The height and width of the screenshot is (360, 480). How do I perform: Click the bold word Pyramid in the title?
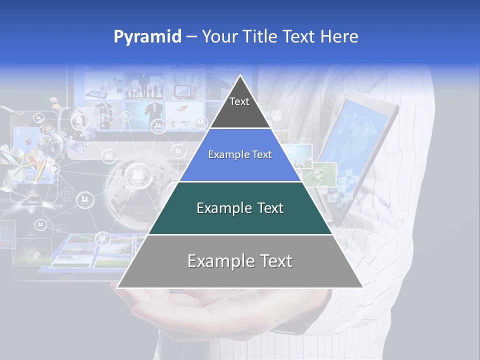[x=147, y=37]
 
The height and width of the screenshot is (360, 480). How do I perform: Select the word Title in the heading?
[x=261, y=37]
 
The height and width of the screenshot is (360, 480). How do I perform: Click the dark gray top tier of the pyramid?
[x=240, y=107]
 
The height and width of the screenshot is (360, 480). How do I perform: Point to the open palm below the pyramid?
[x=210, y=315]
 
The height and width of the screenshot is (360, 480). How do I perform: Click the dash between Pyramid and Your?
[x=191, y=37]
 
